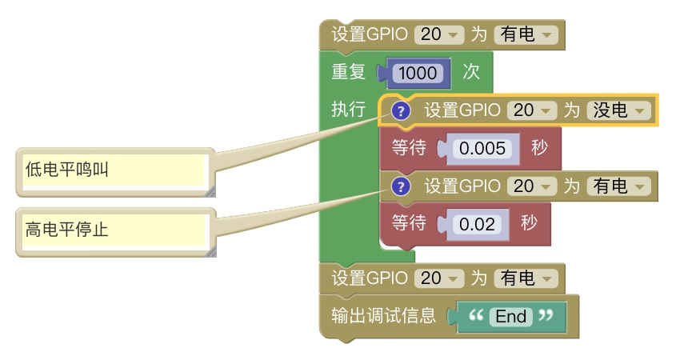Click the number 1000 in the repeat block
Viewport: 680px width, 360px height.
point(418,73)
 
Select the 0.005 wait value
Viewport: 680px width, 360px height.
point(479,148)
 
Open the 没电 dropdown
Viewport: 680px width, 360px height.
point(618,110)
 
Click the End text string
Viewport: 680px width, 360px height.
point(510,316)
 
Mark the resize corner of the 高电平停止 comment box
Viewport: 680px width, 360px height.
point(210,252)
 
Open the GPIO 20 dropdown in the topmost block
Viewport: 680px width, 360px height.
point(440,35)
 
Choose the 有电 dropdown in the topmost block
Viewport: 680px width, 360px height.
point(525,35)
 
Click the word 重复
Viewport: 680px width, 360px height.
point(349,72)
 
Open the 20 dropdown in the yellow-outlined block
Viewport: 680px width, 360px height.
point(533,110)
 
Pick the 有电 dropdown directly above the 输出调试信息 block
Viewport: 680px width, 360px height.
point(525,278)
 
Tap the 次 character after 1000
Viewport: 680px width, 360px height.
point(471,72)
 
